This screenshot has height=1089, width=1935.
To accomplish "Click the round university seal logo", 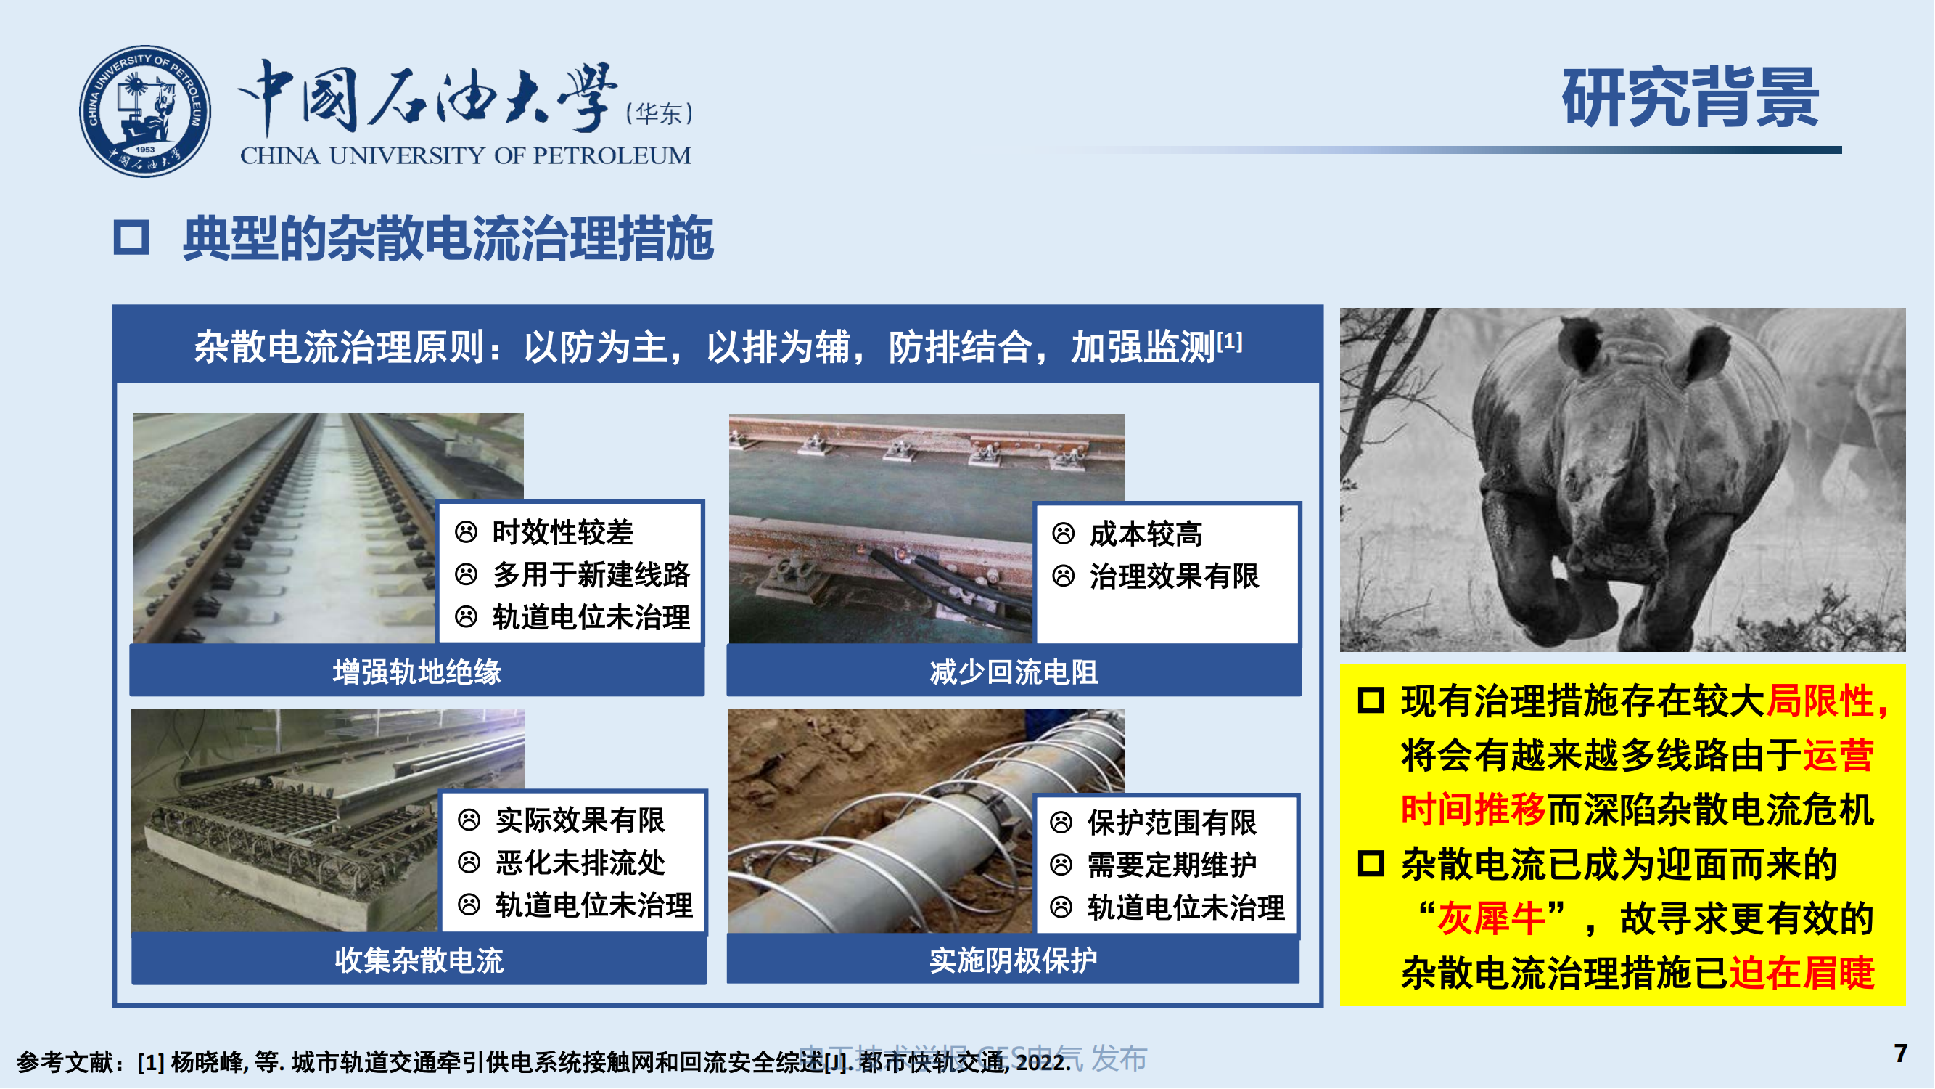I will coord(145,111).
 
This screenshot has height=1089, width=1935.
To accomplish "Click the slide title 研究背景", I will coord(1689,98).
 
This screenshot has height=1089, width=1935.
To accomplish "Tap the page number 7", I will coord(1899,1053).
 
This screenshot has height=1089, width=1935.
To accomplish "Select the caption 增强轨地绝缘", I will coord(417,672).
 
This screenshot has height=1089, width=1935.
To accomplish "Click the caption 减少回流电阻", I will coord(1014,672).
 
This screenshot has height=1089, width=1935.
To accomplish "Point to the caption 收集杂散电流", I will coord(419,960).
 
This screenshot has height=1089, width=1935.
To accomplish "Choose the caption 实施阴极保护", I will coord(1013,960).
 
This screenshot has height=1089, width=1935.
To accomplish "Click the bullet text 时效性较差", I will coord(562,532).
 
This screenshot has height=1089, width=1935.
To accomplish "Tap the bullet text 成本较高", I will coord(1145,534).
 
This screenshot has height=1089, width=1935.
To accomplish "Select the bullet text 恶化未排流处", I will coord(580,862).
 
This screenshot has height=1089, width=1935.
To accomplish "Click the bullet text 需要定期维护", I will coord(1172,864).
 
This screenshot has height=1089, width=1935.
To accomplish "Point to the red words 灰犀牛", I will coord(1491,918).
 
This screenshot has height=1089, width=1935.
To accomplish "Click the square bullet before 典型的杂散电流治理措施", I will coord(131,237).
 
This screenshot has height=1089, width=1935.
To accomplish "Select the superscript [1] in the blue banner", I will coord(1230,341).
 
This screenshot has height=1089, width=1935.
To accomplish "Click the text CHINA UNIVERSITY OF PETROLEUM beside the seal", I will coord(465,155).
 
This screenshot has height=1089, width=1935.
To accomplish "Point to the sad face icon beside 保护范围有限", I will coord(1061,823).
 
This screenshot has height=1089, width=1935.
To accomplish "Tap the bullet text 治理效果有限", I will coord(1173,576).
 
